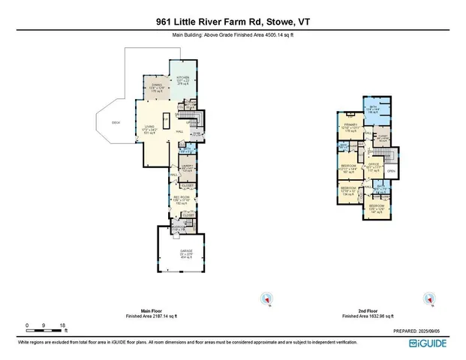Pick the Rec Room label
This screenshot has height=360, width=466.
click(x=180, y=199)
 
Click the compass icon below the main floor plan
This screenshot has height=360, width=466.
click(x=263, y=299)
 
